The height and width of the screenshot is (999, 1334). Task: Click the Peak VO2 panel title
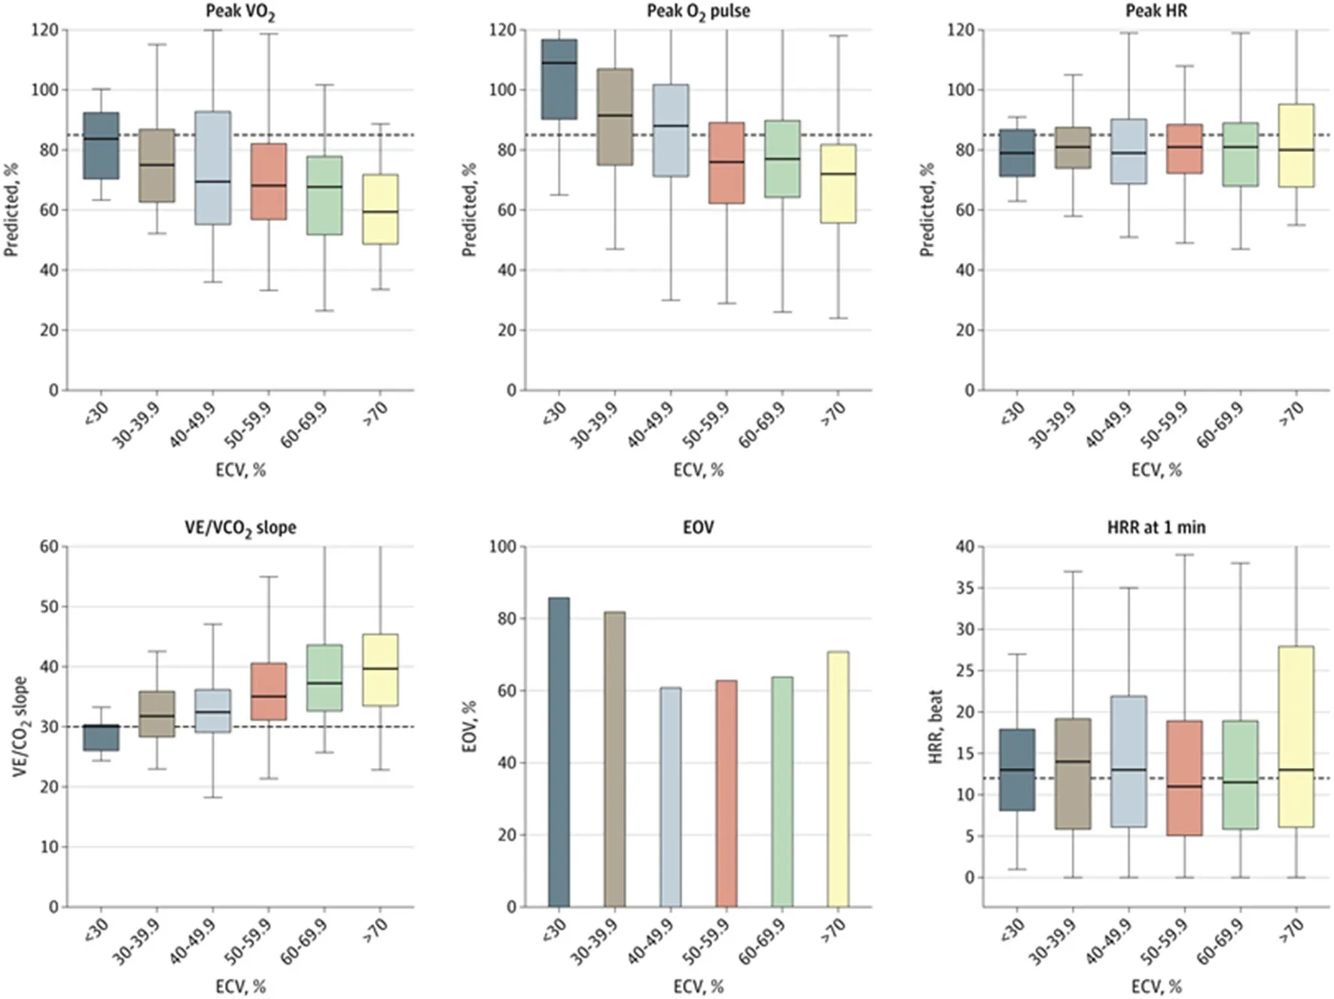[x=240, y=12]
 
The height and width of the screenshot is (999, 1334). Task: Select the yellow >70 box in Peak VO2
[x=379, y=209]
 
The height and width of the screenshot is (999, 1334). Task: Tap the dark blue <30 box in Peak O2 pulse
[x=559, y=79]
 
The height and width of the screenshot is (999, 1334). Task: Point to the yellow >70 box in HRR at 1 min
[x=1296, y=736]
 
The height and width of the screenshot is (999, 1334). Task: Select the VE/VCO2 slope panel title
[x=240, y=528]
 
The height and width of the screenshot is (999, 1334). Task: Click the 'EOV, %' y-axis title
[x=469, y=726]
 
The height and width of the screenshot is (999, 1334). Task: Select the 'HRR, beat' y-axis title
[x=936, y=726]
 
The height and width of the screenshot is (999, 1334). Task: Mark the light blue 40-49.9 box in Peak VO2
[x=212, y=168]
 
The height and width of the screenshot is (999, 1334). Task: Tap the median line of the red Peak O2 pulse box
[x=726, y=162]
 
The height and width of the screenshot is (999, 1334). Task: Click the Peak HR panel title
[x=1156, y=11]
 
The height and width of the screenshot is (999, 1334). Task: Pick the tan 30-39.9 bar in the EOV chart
[x=614, y=759]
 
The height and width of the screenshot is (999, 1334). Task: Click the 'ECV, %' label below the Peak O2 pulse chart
[x=698, y=471]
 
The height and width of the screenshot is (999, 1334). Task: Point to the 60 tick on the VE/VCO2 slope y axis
[x=49, y=547]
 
